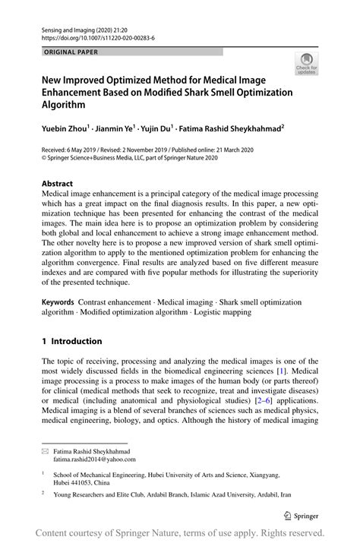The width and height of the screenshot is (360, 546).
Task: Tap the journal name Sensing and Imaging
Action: click(x=65, y=27)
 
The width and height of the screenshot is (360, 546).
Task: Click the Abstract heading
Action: click(x=57, y=184)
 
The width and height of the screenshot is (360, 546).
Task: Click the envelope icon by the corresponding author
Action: click(x=45, y=450)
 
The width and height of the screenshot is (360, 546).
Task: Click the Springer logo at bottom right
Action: click(x=301, y=515)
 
